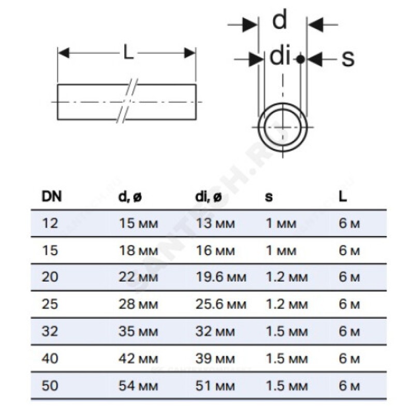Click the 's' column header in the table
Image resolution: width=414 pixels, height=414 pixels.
(269, 197)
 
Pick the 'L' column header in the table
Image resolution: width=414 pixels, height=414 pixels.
(343, 196)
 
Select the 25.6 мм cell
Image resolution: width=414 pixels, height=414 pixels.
(221, 303)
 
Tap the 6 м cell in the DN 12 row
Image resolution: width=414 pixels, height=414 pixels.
(349, 223)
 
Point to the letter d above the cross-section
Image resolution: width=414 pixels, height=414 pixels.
(279, 21)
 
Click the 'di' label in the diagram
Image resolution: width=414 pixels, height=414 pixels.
(279, 56)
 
